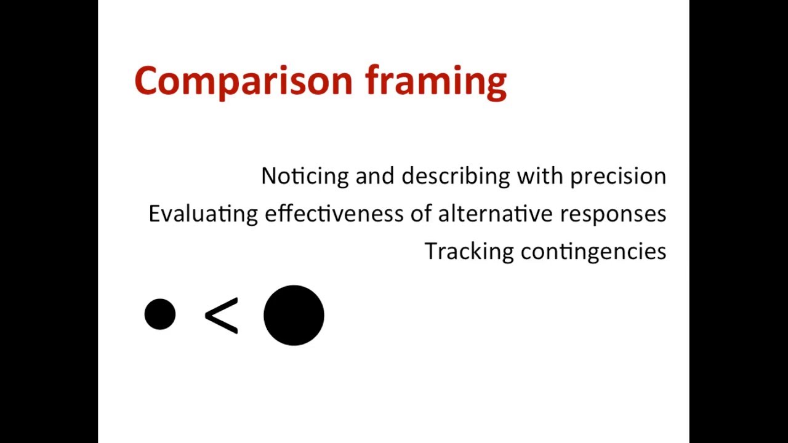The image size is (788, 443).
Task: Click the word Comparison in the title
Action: pos(243,81)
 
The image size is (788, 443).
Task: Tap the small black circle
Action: pos(160,314)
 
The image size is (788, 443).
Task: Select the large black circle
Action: pos(294,315)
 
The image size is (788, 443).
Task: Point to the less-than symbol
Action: pos(221,316)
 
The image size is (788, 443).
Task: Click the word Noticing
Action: pos(305,177)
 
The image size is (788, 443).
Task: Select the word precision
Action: pos(618,177)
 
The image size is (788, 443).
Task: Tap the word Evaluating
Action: pos(203,214)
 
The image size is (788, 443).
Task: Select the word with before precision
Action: pos(540,176)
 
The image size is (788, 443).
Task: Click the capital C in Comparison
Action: pos(147,81)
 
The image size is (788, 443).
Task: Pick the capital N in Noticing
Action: pos(268,176)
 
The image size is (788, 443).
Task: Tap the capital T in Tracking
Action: pos(431,251)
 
